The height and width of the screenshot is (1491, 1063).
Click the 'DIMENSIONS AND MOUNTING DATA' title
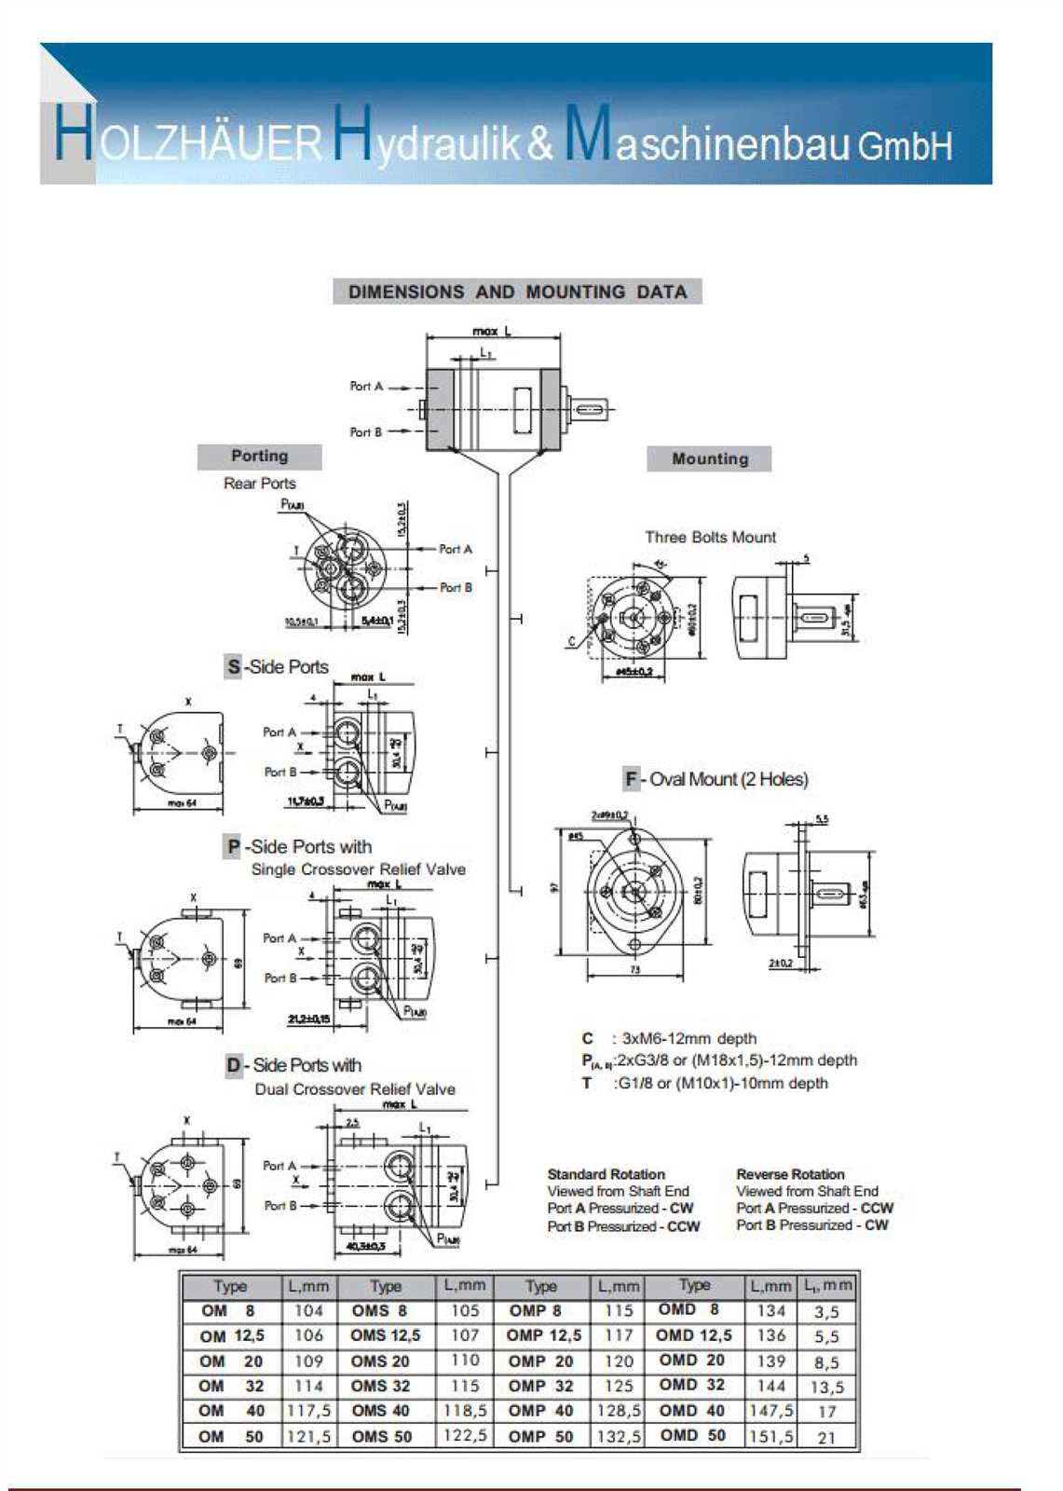517,292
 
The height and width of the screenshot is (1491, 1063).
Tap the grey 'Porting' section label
259,456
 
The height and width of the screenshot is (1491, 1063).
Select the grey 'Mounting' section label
710,458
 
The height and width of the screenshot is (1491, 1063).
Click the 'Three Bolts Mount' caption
710,537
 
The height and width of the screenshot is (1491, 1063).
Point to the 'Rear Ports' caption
259,483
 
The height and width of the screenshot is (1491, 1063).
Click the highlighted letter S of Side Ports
233,666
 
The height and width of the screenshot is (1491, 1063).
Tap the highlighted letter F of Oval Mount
632,779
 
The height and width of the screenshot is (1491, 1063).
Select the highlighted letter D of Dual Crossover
233,1065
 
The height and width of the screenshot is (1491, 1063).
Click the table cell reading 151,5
770,1436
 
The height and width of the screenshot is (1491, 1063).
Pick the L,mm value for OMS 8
464,1310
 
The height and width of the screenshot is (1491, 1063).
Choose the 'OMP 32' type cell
540,1386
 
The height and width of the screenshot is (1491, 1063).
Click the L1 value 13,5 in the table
826,1387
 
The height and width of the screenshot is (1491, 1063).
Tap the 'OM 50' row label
231,1436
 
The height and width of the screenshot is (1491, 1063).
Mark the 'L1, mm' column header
827,1286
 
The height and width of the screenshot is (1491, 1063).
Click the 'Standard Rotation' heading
606,1174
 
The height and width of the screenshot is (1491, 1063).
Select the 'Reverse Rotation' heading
790,1174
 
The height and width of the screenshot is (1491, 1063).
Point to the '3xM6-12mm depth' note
688,1038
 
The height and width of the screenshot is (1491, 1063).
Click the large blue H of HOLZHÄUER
73,135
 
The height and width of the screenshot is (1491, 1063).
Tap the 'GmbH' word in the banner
905,146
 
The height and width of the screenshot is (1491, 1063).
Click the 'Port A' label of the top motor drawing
366,386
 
